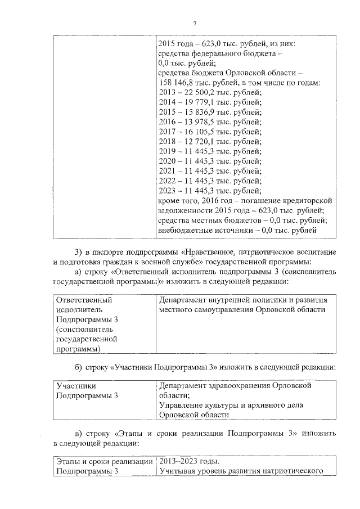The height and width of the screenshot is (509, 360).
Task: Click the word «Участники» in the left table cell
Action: point(76,386)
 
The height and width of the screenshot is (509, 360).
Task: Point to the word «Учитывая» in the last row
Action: point(177,471)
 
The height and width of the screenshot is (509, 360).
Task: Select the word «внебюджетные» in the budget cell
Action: point(185,230)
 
